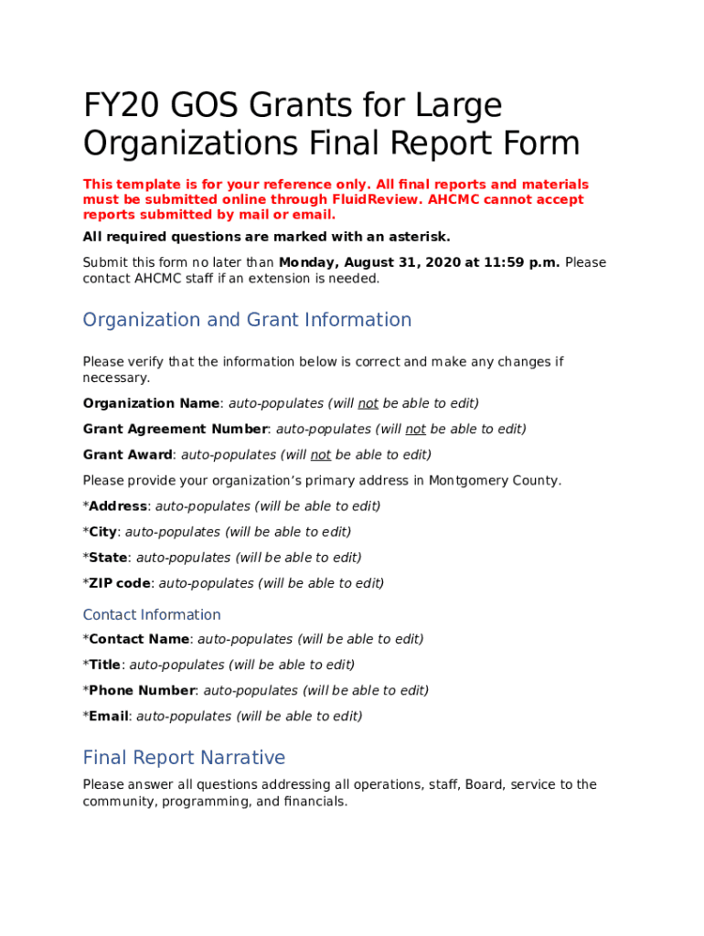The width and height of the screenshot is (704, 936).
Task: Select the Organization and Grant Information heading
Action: [247, 320]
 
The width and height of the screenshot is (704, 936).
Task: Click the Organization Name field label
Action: [151, 403]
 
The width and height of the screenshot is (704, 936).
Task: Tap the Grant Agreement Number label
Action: [175, 429]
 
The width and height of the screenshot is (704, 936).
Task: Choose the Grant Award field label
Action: [127, 454]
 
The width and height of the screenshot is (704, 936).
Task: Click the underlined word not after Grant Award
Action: [321, 454]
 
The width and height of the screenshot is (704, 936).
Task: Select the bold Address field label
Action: [118, 505]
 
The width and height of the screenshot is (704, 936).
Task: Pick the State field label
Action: [108, 557]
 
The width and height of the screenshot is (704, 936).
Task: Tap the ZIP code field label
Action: [119, 582]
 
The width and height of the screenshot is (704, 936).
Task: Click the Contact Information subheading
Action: [152, 614]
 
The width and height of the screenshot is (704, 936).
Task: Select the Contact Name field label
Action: [138, 639]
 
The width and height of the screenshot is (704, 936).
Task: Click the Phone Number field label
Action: [142, 690]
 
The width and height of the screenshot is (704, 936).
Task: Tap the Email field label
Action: [108, 716]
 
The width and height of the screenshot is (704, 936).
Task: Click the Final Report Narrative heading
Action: [184, 758]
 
